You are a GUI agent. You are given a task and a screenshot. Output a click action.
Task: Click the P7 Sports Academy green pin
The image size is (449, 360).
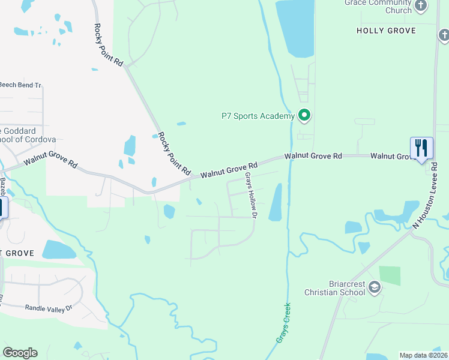[x=304, y=115]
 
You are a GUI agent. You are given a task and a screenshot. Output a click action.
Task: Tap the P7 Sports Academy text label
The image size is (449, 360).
[x=258, y=116]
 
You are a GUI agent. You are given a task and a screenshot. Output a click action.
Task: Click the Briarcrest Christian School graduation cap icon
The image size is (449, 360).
[x=375, y=287]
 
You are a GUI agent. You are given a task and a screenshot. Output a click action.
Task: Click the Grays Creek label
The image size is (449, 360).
[x=283, y=322]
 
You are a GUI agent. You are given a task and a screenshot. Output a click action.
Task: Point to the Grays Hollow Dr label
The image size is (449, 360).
[x=251, y=195]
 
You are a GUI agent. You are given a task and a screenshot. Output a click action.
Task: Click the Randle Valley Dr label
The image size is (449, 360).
[x=48, y=308]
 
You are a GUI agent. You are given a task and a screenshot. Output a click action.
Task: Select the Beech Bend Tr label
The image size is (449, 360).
[x=20, y=85]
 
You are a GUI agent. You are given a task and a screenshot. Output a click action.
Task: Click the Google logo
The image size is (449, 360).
[x=20, y=353]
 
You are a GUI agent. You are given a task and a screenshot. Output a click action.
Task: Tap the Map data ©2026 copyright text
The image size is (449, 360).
[x=423, y=355]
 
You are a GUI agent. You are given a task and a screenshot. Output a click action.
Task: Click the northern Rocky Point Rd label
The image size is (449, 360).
[x=109, y=45]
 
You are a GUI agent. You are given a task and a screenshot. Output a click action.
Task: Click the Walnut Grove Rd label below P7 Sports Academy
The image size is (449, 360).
[x=313, y=155]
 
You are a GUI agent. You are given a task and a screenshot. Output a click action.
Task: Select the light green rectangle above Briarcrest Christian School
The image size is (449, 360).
[x=390, y=275]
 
